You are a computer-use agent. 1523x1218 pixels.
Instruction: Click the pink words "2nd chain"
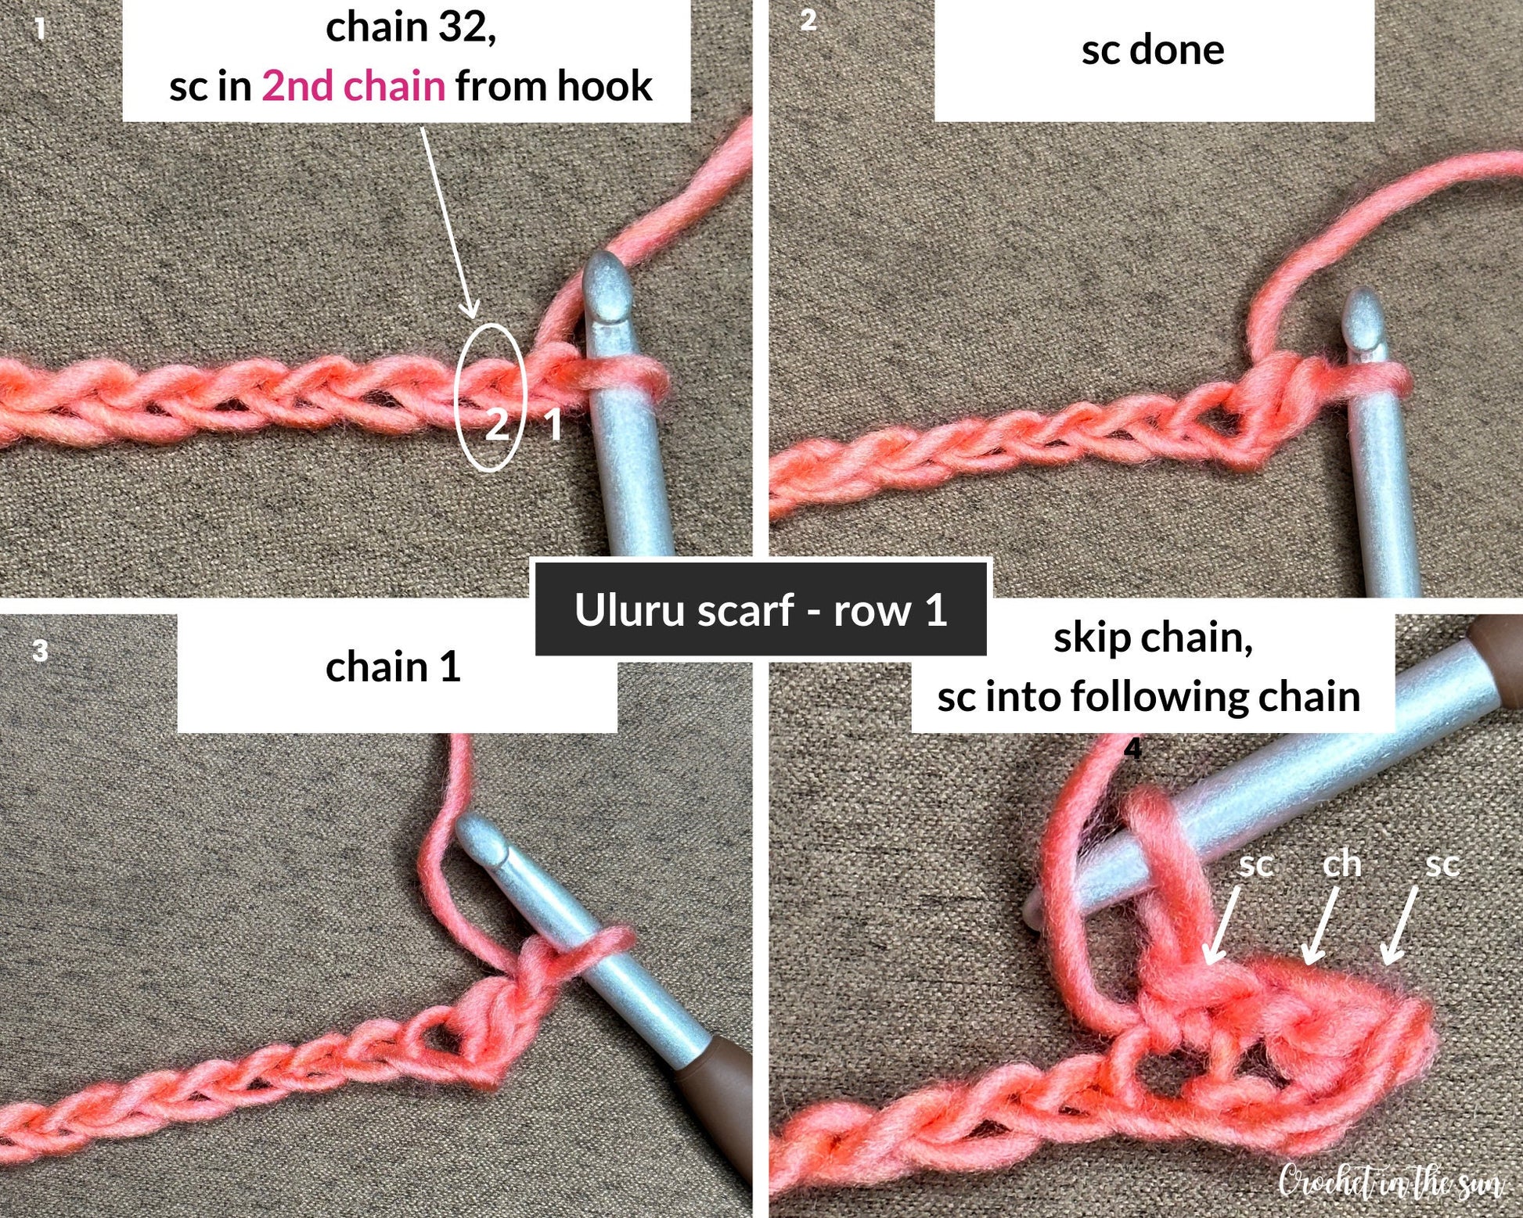(x=353, y=85)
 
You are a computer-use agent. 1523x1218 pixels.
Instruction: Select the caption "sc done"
(x=1153, y=50)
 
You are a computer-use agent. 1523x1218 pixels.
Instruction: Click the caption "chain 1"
(x=393, y=666)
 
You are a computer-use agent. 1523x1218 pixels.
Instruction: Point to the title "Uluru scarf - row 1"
(x=761, y=609)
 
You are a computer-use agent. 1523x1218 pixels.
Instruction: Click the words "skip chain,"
(x=1153, y=638)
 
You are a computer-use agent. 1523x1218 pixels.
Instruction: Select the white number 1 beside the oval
(x=553, y=425)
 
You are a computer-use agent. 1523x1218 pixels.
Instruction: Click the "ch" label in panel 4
(x=1341, y=864)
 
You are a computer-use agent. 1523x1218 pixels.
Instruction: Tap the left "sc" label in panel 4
(x=1256, y=865)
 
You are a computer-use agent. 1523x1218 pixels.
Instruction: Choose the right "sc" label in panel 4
(x=1442, y=864)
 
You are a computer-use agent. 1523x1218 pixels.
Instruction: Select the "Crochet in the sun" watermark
(x=1392, y=1180)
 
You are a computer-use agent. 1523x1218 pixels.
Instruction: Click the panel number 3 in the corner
(x=41, y=651)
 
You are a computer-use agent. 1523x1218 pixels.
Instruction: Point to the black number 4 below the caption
(x=1133, y=749)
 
